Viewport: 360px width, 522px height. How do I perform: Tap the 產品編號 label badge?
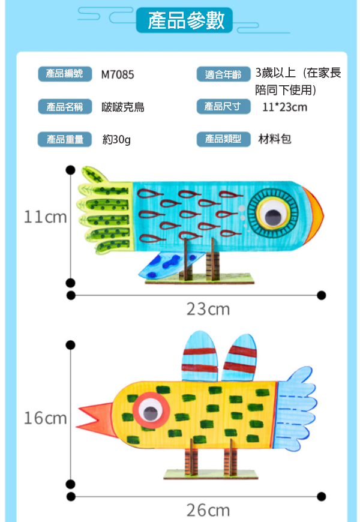tap(64, 74)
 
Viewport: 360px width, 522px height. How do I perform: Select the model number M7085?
tap(118, 75)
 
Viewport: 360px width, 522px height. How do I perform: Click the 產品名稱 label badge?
tap(64, 107)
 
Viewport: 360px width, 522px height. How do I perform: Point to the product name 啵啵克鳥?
tap(123, 107)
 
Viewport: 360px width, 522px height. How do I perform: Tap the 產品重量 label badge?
tap(64, 139)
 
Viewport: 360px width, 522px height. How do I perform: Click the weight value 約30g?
tap(116, 140)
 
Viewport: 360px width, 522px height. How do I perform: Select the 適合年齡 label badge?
tap(223, 74)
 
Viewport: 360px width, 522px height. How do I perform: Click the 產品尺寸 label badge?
tap(223, 107)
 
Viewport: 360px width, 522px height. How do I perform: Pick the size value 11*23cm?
tap(284, 107)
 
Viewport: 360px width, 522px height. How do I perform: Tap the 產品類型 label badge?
tap(223, 139)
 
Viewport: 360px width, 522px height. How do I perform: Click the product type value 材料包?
tap(275, 139)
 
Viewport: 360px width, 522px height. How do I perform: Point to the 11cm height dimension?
tap(45, 217)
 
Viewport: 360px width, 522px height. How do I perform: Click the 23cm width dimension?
tap(208, 310)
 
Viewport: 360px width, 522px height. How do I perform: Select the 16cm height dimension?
tap(45, 418)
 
